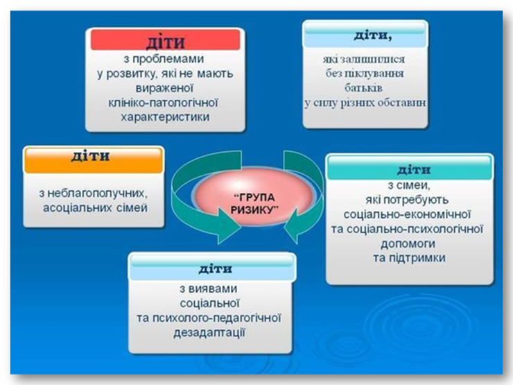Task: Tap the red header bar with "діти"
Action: click(165, 40)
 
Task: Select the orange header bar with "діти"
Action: click(94, 160)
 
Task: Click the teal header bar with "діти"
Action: click(410, 168)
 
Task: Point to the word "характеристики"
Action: click(165, 117)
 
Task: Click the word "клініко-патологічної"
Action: click(163, 103)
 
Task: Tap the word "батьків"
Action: click(363, 87)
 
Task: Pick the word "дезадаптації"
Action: click(209, 332)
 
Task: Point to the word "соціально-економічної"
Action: click(407, 214)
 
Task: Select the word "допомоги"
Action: click(408, 244)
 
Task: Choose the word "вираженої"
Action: click(164, 88)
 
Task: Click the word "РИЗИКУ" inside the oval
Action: click(254, 209)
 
